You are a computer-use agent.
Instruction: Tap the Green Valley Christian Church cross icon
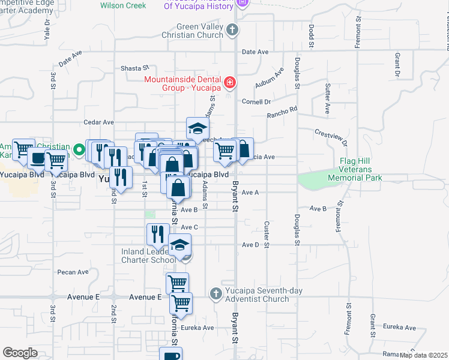[x=233, y=29]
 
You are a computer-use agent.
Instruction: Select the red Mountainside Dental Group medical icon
[x=229, y=82]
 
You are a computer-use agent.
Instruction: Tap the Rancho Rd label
[x=282, y=112]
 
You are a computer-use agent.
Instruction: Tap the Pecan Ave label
[x=73, y=272]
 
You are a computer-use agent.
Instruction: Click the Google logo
[x=20, y=353]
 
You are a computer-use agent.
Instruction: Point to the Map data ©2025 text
[x=423, y=355]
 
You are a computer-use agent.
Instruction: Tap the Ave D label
[x=250, y=245]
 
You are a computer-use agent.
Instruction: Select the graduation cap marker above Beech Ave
[x=197, y=128]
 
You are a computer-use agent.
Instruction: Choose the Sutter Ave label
[x=327, y=99]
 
